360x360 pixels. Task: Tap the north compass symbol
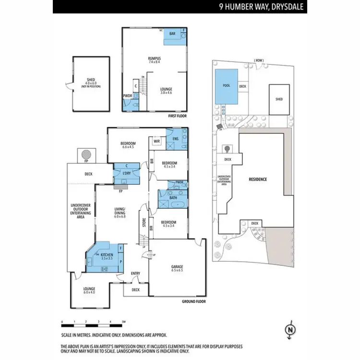pos(289,329)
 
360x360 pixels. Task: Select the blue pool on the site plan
pos(226,86)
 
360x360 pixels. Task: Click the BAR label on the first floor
pos(172,34)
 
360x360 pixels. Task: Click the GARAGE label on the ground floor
pos(177,267)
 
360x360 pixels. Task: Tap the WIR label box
pos(156,141)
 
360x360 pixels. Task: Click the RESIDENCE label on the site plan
pos(257,180)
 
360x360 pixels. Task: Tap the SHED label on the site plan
pos(279,99)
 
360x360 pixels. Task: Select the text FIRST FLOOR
pos(177,116)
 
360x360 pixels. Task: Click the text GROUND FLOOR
pos(194,301)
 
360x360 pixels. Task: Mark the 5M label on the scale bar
pos(123,322)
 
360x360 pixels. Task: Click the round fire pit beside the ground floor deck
pos(86,155)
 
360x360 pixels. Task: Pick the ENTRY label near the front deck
pos(136,274)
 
